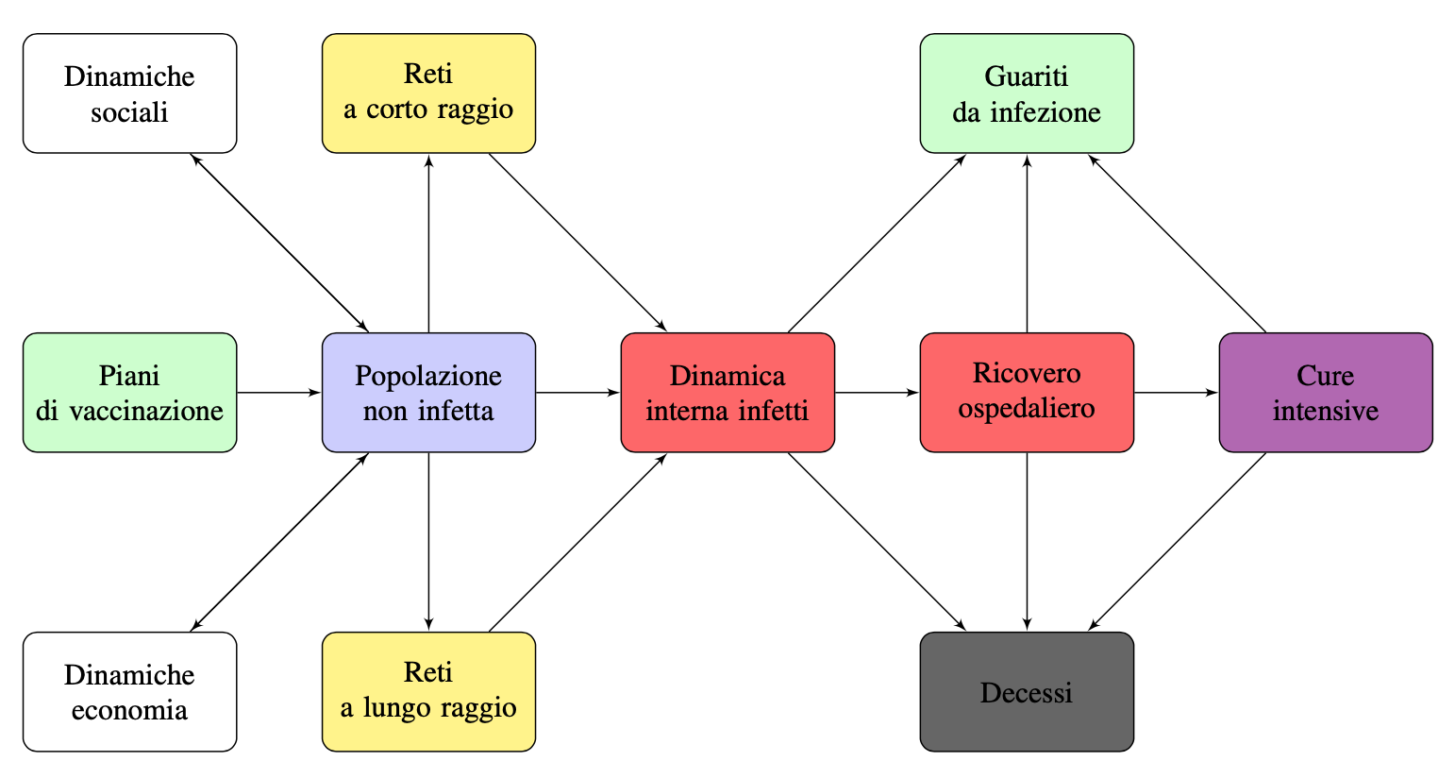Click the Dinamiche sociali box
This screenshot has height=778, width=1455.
pyautogui.click(x=129, y=93)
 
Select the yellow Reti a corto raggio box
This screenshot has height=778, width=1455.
pyautogui.click(x=428, y=93)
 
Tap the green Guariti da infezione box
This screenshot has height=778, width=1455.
pyautogui.click(x=1027, y=93)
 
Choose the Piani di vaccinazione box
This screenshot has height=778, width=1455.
pyautogui.click(x=129, y=393)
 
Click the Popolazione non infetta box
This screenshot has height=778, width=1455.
pyautogui.click(x=428, y=393)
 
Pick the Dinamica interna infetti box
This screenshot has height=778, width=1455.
pyautogui.click(x=727, y=393)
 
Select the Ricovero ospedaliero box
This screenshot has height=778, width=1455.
pyautogui.click(x=1027, y=393)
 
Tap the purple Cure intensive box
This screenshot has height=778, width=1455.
pyautogui.click(x=1326, y=393)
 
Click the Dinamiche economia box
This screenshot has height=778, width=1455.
pyautogui.click(x=129, y=692)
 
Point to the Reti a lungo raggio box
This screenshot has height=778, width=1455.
pyautogui.click(x=428, y=692)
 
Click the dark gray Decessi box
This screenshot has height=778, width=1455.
pyautogui.click(x=1027, y=692)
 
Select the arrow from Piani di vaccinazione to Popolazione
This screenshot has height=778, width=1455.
pyautogui.click(x=279, y=393)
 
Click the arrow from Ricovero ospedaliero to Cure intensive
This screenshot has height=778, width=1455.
pyautogui.click(x=1176, y=393)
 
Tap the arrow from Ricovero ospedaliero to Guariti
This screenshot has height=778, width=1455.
pyautogui.click(x=1027, y=244)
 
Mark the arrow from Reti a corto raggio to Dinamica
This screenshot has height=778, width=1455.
pyautogui.click(x=577, y=243)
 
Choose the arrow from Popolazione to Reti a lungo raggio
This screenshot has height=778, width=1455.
pyautogui.click(x=428, y=541)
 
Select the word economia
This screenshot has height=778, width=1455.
pyautogui.click(x=129, y=710)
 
